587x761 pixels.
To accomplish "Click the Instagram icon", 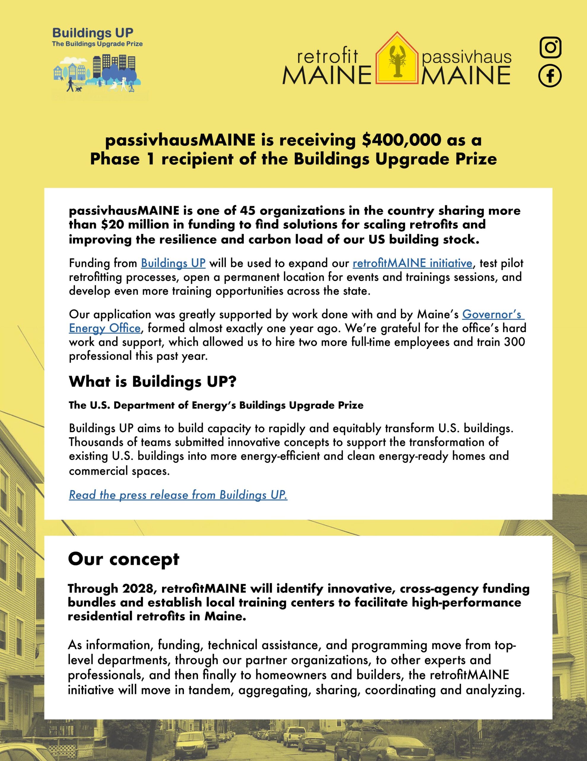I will (550, 47).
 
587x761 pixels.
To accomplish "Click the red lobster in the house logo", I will (397, 61).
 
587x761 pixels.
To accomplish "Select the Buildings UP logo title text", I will (93, 34).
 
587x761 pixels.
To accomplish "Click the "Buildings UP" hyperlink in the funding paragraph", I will (173, 263).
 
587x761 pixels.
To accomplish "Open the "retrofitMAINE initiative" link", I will (412, 263).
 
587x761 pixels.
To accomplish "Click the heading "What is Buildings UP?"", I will (153, 382).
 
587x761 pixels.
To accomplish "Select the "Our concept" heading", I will (123, 559).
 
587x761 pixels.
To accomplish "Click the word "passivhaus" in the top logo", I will (466, 57).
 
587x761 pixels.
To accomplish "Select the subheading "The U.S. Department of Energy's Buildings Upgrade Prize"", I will (216, 405).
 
